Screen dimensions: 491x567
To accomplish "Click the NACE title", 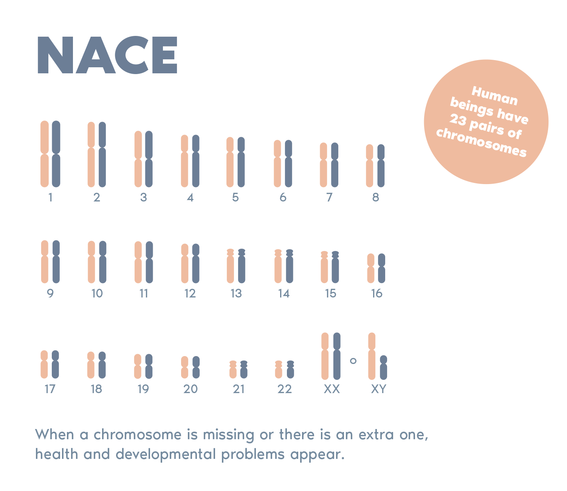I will (x=107, y=56).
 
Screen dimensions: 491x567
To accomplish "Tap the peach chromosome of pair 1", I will (x=45, y=154).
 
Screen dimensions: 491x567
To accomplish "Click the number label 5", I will (x=235, y=197).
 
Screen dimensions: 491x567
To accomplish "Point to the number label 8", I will (x=375, y=197).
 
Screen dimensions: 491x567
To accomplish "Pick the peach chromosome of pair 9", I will (x=45, y=262).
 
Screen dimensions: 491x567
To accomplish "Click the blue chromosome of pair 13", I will (x=242, y=266).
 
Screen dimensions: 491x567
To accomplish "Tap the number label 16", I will (x=377, y=293).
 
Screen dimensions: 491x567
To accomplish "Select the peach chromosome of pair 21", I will (x=233, y=369).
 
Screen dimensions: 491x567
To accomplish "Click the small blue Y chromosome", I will (x=383, y=367).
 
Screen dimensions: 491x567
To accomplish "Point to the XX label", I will (x=332, y=389).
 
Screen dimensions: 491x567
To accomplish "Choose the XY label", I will (x=378, y=389).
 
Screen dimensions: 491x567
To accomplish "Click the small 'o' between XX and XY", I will (x=353, y=361).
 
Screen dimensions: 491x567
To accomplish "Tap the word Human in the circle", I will (x=494, y=96).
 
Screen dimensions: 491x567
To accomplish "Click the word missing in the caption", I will (x=228, y=435).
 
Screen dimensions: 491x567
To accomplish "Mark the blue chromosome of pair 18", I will (x=102, y=365).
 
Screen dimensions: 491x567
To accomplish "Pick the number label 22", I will (x=285, y=389).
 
